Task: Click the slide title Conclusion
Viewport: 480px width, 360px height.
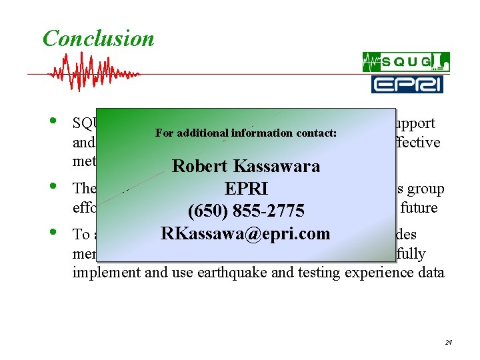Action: coord(98,39)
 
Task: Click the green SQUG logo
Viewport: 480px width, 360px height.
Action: coord(406,62)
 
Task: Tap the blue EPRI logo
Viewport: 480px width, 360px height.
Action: coord(406,84)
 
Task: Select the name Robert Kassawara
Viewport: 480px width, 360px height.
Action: coord(246,166)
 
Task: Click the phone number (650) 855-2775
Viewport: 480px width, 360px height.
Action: coord(246,211)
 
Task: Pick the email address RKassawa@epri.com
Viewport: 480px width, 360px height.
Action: coord(245,234)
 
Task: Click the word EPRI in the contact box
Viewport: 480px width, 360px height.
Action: coord(246,189)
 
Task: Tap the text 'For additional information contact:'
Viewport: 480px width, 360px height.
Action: coord(246,133)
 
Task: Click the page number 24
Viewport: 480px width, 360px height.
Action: coord(449,342)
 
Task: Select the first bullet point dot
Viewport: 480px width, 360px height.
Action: coord(53,122)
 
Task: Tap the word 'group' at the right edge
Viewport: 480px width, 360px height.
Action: coord(427,189)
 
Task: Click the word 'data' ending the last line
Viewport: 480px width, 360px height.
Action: coord(429,273)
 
